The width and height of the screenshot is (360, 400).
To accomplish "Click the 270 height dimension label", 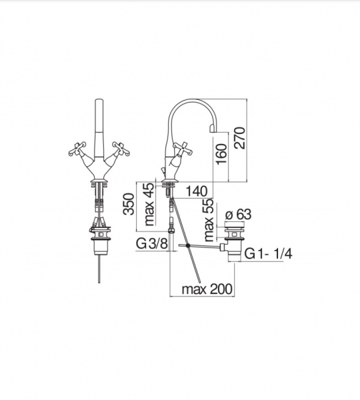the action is (x=240, y=138).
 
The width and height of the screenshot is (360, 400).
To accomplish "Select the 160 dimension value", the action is (x=221, y=154).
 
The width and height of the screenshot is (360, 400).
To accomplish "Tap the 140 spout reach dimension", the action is (x=196, y=191).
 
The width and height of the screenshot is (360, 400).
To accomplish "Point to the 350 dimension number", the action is (x=129, y=204).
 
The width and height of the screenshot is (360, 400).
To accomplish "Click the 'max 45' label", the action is (x=149, y=204).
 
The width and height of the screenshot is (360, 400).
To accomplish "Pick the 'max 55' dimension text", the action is (x=208, y=220).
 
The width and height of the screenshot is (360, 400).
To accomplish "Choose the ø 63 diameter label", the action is (x=238, y=214).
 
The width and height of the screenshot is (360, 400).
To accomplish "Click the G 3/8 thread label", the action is (x=152, y=243).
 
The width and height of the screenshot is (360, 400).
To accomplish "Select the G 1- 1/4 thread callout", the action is (x=269, y=254).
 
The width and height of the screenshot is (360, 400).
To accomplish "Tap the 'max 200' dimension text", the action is (x=207, y=289).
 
